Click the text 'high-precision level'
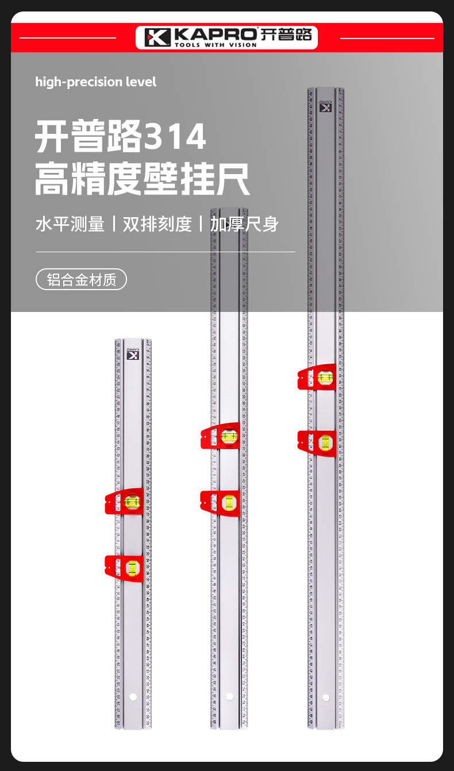point(96,82)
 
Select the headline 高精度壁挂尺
point(142,179)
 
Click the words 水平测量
point(70,224)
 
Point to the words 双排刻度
point(157,224)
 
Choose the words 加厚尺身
point(244,224)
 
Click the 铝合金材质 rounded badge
point(81,280)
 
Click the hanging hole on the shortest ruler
point(133,697)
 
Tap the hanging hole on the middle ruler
point(229,697)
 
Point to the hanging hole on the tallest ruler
point(326,697)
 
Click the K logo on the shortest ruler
point(133,355)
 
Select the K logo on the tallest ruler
point(326,107)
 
